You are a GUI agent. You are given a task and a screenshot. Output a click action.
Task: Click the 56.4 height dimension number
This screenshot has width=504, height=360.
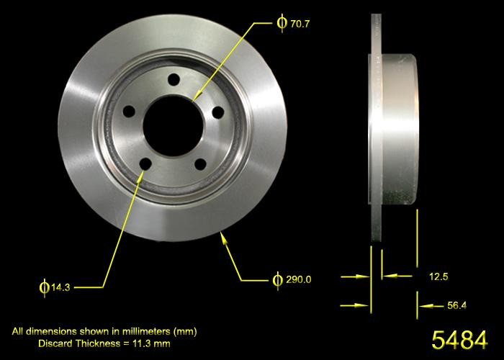(x=457, y=305)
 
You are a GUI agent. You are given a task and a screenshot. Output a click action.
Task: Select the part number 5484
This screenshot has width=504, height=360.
(x=458, y=338)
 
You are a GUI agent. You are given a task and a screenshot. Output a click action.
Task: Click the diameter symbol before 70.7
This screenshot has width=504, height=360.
(x=282, y=23)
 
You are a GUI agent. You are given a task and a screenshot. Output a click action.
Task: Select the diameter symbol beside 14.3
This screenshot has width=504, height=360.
(x=43, y=287)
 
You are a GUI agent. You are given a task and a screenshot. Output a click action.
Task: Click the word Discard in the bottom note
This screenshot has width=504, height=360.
(x=57, y=343)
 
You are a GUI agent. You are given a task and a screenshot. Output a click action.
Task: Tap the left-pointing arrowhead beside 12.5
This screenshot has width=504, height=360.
(x=387, y=275)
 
